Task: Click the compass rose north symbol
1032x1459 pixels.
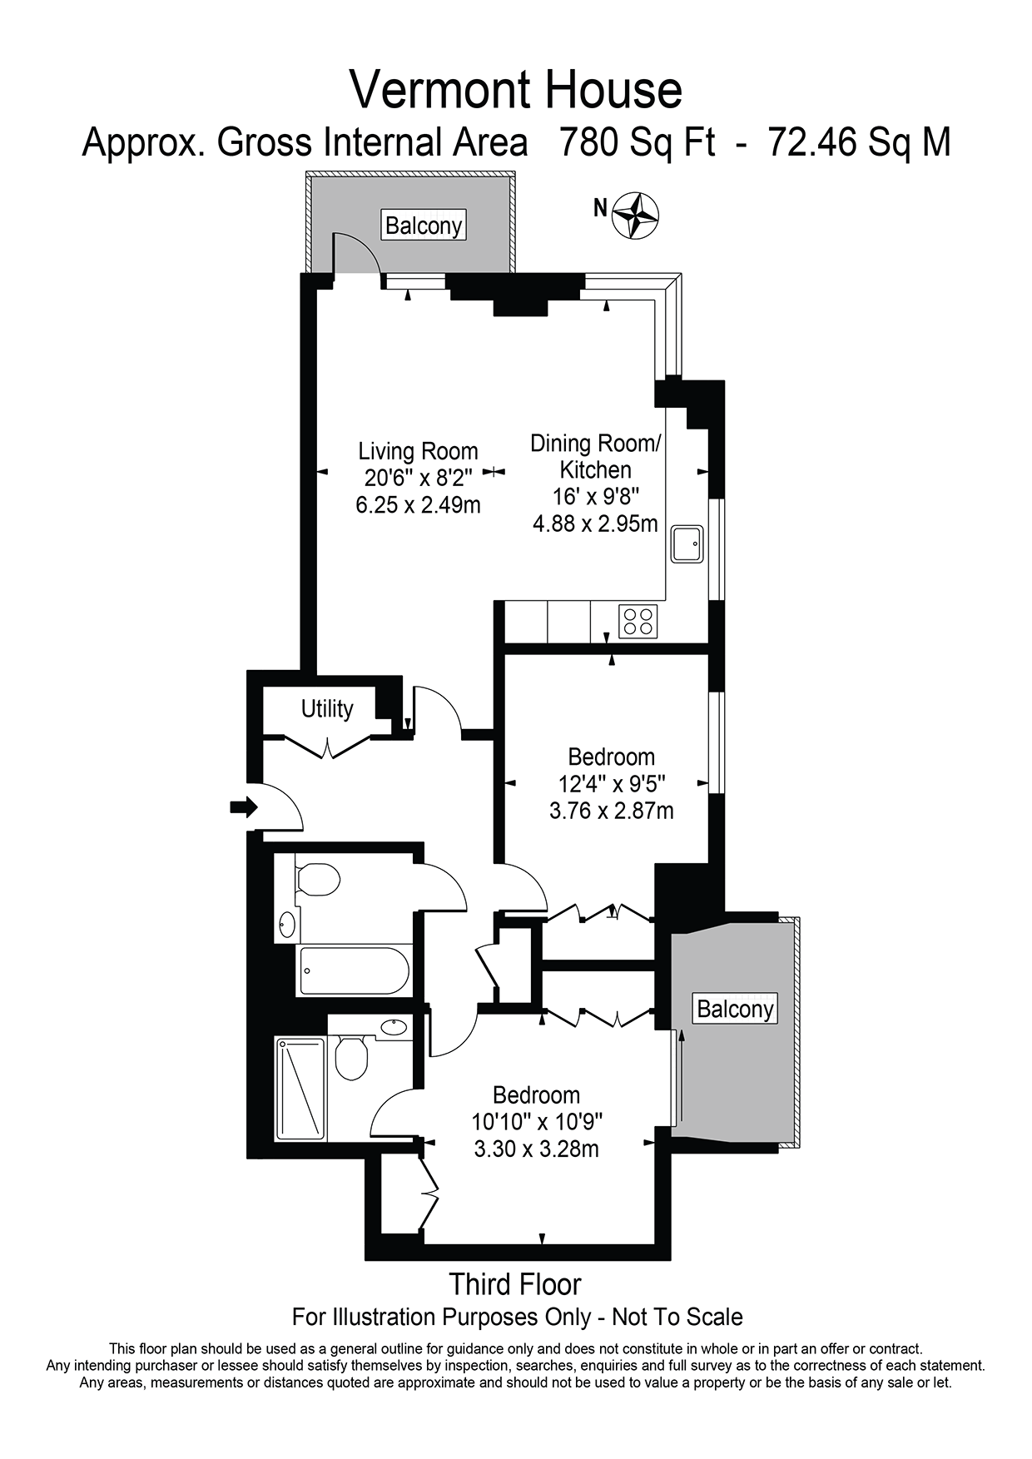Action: tap(635, 216)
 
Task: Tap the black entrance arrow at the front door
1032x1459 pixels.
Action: tap(244, 806)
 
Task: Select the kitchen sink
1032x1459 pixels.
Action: tap(687, 543)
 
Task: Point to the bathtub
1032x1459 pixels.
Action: tap(354, 970)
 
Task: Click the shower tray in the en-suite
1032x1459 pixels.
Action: tap(300, 1089)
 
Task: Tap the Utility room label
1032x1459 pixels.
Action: tap(327, 709)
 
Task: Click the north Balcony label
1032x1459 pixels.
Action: tap(423, 226)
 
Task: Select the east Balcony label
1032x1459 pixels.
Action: tap(735, 1009)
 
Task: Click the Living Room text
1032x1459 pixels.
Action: tap(418, 451)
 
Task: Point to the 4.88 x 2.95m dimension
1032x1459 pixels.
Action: tap(595, 524)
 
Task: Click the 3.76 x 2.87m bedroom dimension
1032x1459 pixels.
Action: tap(611, 810)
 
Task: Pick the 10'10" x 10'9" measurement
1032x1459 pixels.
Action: tap(537, 1122)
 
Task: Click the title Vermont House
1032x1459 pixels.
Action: tap(515, 90)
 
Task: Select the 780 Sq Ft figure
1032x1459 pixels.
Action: tap(637, 142)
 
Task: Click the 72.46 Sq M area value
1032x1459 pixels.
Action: tap(858, 142)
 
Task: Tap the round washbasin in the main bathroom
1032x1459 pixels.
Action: tap(287, 924)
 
